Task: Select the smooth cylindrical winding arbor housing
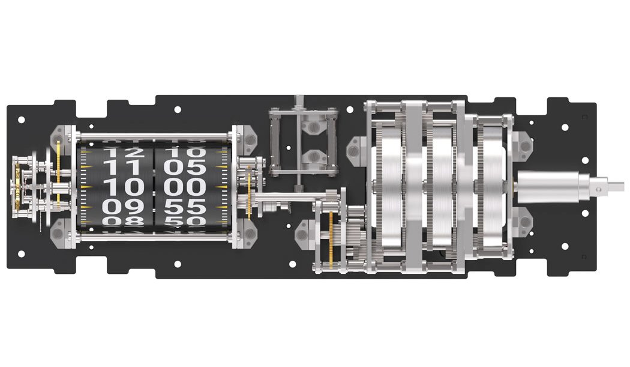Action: pyautogui.click(x=546, y=186)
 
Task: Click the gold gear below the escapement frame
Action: pyautogui.click(x=329, y=243)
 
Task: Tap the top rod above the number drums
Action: pyautogui.click(x=155, y=136)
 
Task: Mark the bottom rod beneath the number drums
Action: pyautogui.click(x=155, y=240)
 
